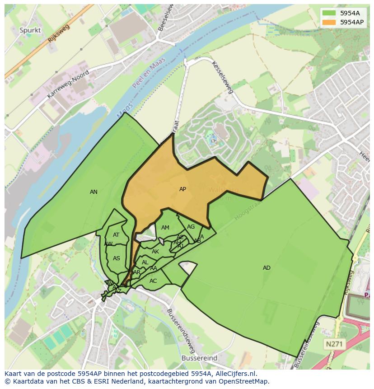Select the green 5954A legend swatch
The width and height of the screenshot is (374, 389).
point(329,13)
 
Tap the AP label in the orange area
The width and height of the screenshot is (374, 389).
point(182,189)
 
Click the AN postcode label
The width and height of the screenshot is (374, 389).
point(93,192)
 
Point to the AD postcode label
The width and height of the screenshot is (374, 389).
point(266,268)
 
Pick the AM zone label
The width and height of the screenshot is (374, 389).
point(165,228)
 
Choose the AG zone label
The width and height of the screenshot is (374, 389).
point(191,227)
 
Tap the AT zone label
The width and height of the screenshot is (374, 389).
point(116,235)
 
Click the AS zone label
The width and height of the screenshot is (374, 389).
point(117,258)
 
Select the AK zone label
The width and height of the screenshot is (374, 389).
point(155,252)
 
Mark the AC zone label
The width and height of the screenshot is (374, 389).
point(153,281)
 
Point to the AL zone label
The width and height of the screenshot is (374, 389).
point(145,262)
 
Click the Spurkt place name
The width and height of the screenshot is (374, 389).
point(30,30)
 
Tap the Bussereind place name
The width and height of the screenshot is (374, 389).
point(199,358)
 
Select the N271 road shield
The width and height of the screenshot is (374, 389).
point(334,344)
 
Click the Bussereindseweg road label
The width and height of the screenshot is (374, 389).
point(181,331)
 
